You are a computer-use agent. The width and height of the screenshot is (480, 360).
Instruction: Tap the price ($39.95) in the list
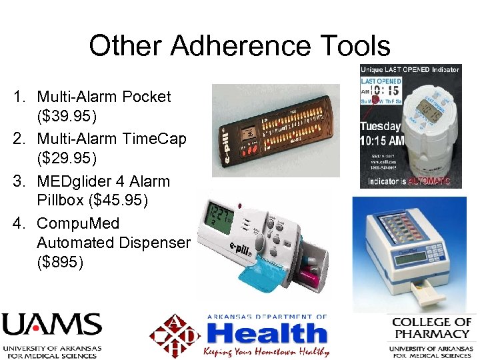click(67, 117)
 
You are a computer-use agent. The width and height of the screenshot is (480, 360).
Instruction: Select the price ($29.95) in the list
click(67, 159)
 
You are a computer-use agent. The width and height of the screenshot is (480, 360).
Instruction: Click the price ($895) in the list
click(61, 263)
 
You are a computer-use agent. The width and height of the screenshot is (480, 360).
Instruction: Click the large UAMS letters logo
click(51, 325)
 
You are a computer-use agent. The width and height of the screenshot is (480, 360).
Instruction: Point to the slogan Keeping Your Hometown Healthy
click(267, 351)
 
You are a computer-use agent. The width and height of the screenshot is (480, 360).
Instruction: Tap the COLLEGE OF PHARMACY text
click(432, 327)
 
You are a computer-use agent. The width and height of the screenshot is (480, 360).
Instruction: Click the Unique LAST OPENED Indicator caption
click(409, 69)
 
